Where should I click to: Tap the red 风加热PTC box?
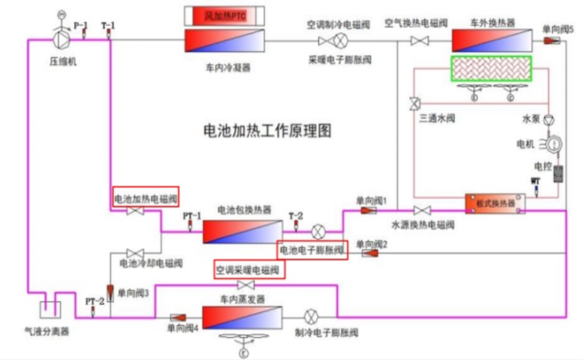pyautogui.click(x=225, y=16)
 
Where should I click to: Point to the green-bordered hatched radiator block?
pyautogui.click(x=491, y=69)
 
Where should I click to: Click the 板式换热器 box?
pyautogui.click(x=496, y=203)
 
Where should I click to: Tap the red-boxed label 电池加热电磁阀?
pyautogui.click(x=145, y=198)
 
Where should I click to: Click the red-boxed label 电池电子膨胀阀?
pyautogui.click(x=311, y=250)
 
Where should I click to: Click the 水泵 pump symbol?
pyautogui.click(x=549, y=118)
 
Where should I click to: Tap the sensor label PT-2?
pyautogui.click(x=91, y=300)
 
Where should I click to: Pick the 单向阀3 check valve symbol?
pyautogui.click(x=110, y=293)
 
